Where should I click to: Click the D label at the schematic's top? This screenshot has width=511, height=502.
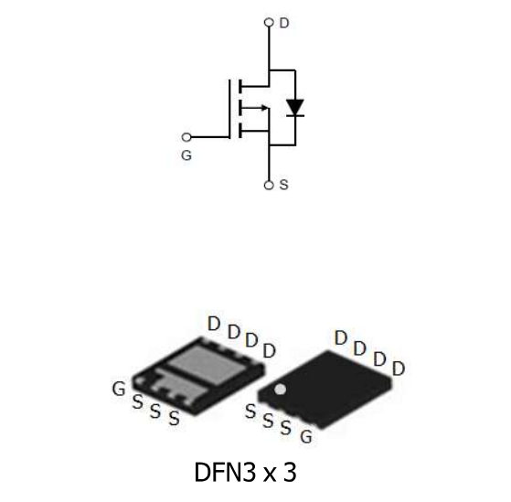point(284,22)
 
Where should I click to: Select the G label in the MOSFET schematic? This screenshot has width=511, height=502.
point(186,156)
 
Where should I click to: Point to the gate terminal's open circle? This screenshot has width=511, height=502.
point(186,137)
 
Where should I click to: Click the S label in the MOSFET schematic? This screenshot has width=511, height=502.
point(283,185)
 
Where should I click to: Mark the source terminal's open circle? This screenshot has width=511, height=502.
point(269,185)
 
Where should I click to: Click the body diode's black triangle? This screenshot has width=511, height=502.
point(294,107)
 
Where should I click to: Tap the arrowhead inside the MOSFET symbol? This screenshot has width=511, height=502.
point(264,108)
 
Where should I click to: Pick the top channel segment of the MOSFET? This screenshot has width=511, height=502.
point(240,87)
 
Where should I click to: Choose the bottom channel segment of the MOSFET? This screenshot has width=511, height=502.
point(240,130)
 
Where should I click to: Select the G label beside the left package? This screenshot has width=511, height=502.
point(119,390)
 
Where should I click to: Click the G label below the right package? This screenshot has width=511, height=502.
point(306,437)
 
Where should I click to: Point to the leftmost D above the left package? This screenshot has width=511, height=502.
point(213,324)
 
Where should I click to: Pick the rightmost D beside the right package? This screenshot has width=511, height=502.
point(399,368)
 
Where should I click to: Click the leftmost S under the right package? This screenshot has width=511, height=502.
point(250,411)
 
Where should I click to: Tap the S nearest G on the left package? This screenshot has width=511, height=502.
point(137,402)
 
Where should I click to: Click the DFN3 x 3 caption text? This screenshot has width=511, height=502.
point(245,473)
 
